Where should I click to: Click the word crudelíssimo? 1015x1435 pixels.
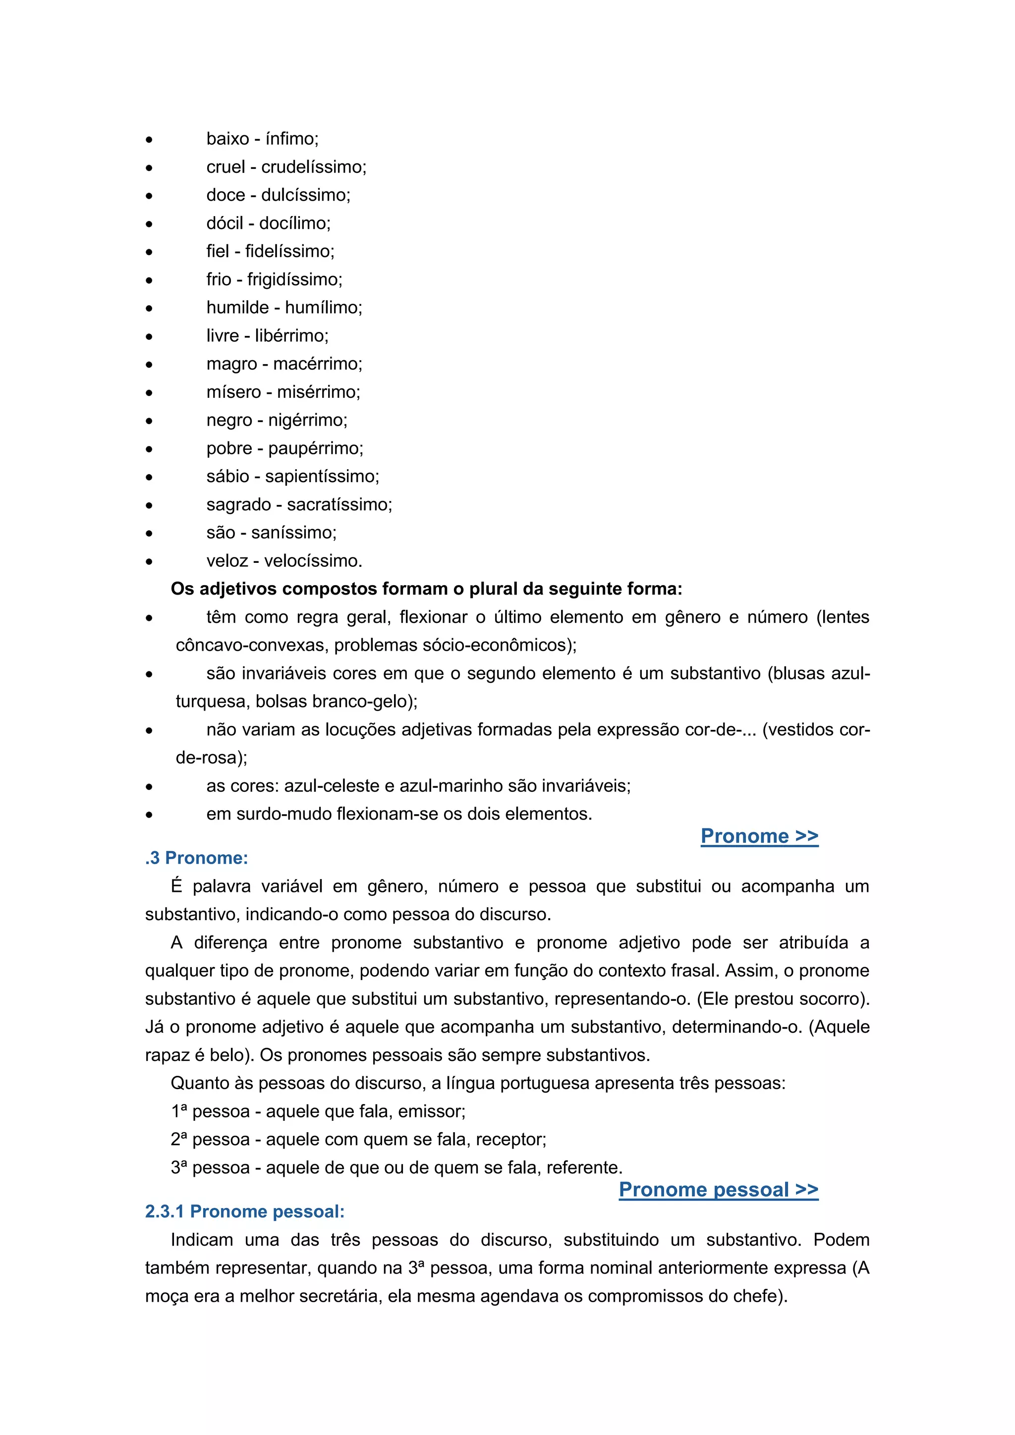313,167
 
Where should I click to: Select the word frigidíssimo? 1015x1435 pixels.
294,279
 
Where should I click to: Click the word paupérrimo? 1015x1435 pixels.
315,448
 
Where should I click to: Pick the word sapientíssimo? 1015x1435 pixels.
322,476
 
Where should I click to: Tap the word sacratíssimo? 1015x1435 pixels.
339,504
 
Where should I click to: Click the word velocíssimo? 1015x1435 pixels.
313,560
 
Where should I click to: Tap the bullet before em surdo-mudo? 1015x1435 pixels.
149,815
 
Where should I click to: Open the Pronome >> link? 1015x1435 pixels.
759,835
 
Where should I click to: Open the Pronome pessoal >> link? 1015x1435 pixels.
718,1189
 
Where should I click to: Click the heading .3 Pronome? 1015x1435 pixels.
196,858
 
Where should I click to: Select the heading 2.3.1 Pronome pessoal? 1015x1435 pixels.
244,1212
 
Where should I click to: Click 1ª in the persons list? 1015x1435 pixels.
179,1111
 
